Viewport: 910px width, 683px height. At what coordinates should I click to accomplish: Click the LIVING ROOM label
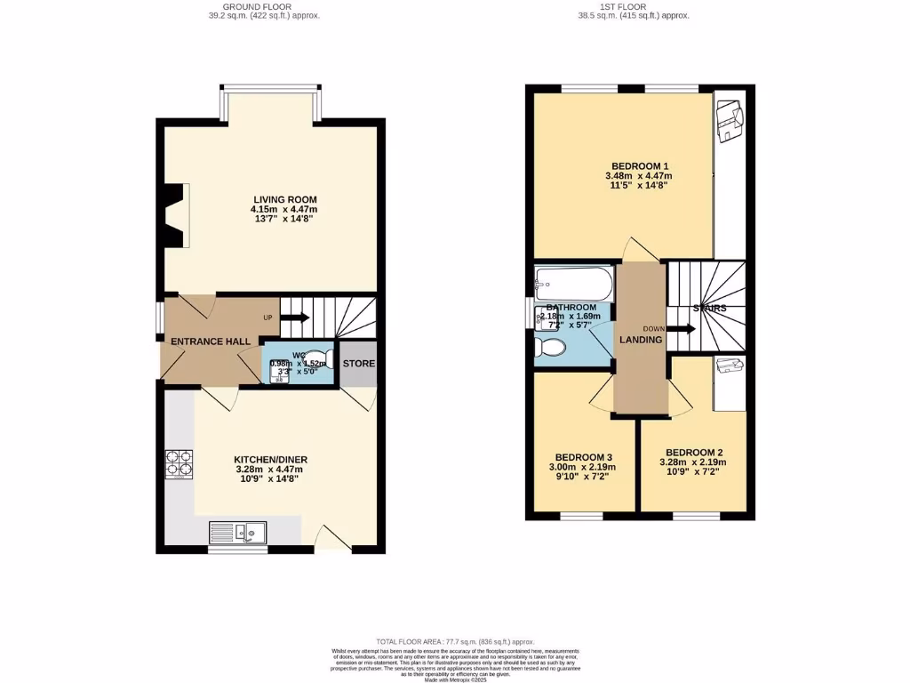click(284, 199)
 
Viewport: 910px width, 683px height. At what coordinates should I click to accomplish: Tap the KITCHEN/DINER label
click(271, 459)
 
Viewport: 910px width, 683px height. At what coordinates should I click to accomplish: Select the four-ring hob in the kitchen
click(180, 463)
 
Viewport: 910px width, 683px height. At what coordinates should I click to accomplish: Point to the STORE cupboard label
click(359, 364)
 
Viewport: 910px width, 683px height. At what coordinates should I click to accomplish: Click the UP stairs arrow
click(297, 317)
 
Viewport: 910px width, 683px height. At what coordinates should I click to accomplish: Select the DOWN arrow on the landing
click(681, 328)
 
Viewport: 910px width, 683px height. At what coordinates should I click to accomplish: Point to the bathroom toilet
click(546, 350)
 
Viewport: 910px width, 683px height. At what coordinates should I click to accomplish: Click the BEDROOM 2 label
click(693, 451)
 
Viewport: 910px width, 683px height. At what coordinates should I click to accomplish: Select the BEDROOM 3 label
click(581, 456)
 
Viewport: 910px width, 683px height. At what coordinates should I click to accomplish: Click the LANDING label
click(641, 340)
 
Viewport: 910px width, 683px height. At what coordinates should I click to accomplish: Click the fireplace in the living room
click(175, 215)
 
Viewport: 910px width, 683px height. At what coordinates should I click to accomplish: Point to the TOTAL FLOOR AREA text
click(455, 641)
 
